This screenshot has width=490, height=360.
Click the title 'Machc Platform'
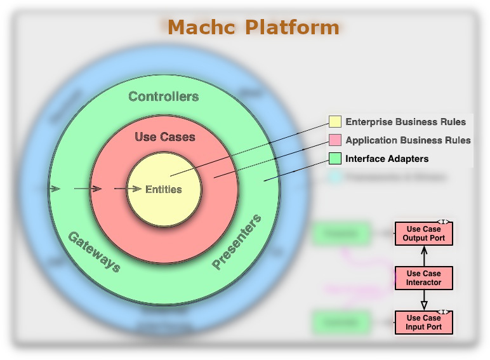coord(253,27)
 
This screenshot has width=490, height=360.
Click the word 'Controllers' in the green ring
coord(163,97)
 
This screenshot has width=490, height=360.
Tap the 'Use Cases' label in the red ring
coord(165,137)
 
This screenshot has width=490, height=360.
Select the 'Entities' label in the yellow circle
coord(164,189)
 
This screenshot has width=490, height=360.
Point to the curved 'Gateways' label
coord(94,251)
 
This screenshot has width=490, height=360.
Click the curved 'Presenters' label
coord(237,243)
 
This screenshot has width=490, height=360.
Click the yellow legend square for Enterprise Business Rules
coord(335,121)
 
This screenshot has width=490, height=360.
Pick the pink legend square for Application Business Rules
coord(335,140)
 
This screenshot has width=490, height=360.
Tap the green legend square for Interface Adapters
coord(335,158)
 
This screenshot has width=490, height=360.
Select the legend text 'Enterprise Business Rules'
coord(406,121)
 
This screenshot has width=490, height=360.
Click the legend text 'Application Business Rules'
coord(408,140)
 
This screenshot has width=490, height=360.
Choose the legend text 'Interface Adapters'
coord(387,158)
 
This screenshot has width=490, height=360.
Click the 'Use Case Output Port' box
coord(424,234)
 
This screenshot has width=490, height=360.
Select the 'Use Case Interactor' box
coord(424,278)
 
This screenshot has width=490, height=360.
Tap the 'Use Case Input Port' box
coord(424,323)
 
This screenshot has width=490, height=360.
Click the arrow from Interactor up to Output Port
coord(424,256)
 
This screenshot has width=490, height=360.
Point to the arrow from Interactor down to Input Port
coord(424,300)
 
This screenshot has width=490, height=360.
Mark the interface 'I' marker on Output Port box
coord(444,222)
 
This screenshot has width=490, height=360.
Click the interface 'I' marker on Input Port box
coord(444,312)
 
